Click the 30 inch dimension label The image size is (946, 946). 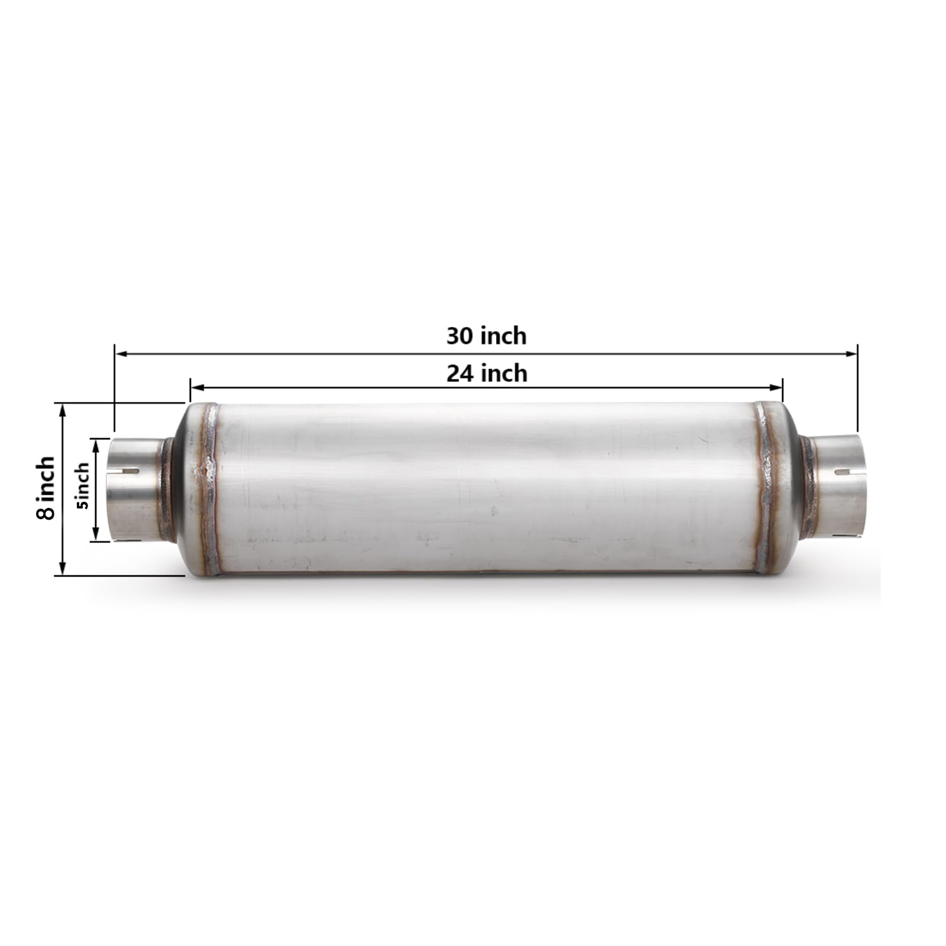coord(486,336)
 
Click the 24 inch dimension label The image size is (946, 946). coord(486,374)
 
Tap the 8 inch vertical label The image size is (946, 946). coord(46,488)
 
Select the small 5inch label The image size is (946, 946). coord(82,486)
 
